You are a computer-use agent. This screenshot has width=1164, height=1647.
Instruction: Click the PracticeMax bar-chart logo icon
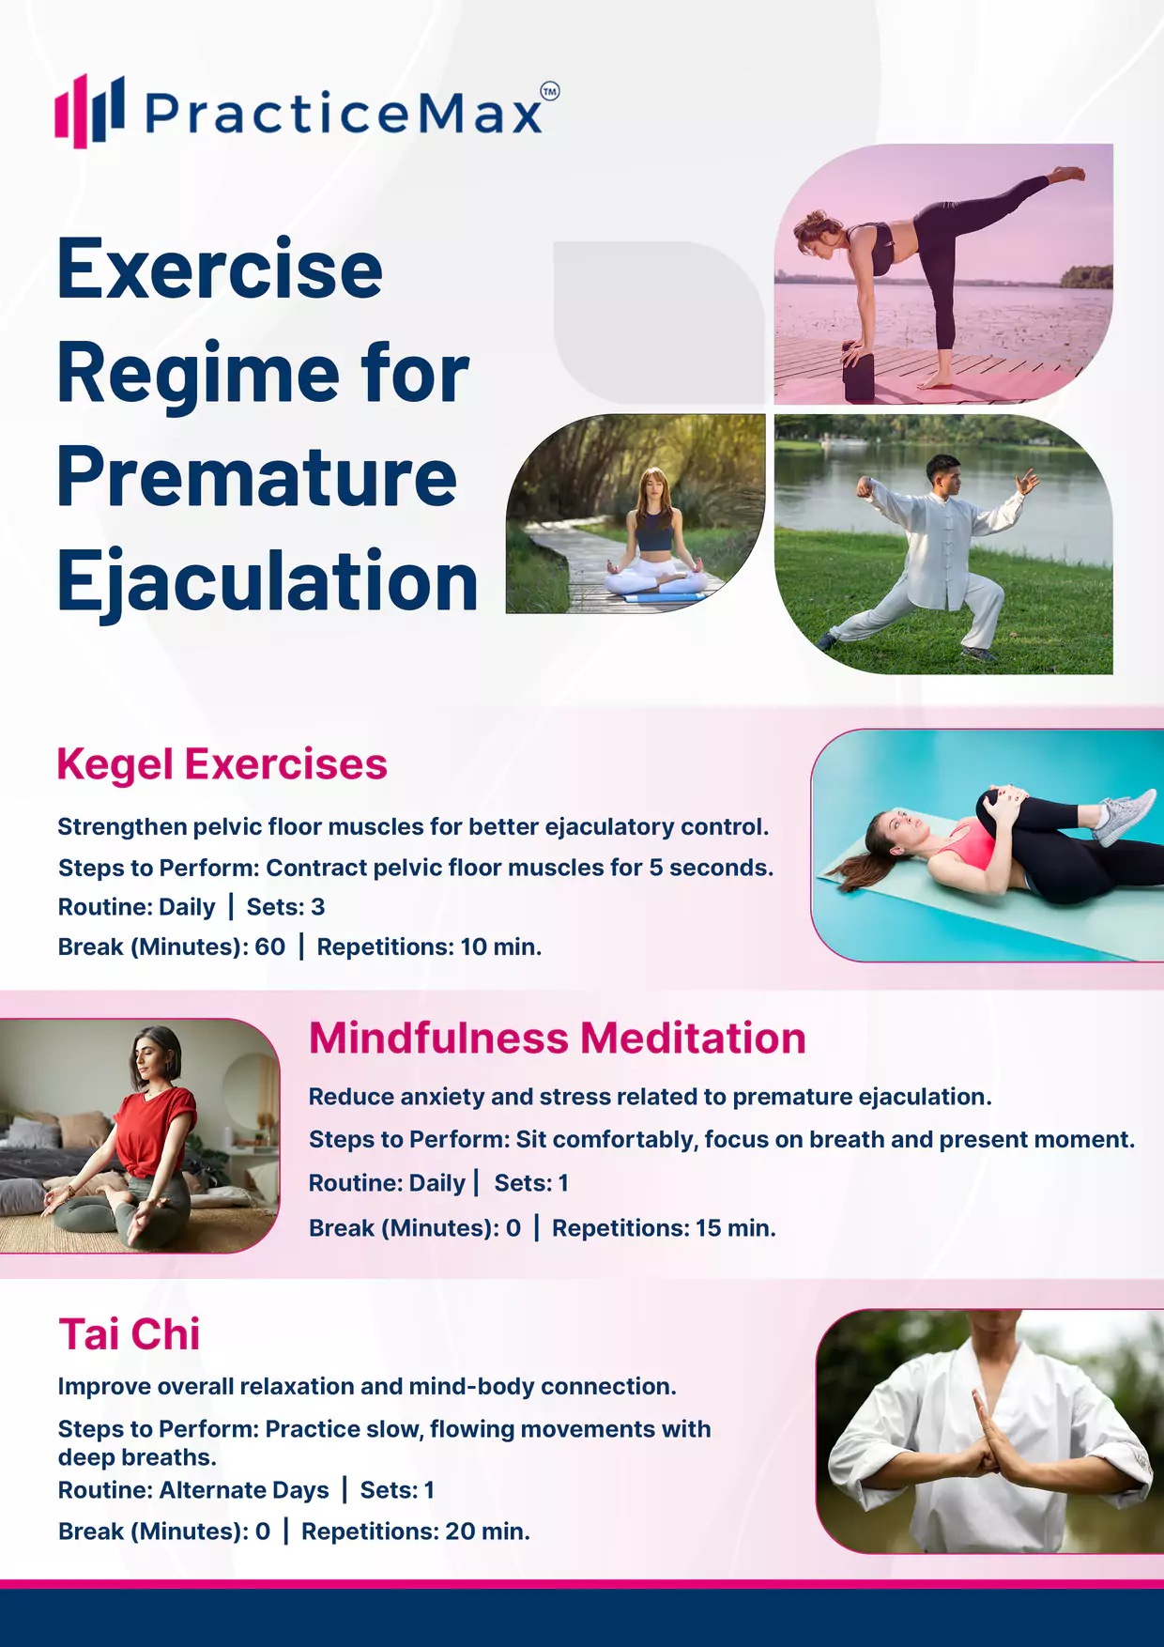coord(89,111)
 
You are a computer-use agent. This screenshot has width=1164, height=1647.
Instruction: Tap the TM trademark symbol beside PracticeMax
coord(550,91)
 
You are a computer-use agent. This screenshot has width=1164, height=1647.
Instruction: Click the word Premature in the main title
coord(257,477)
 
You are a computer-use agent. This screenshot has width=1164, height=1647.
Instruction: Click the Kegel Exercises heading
coord(222,764)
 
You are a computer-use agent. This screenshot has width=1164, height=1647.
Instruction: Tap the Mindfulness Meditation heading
coord(558,1039)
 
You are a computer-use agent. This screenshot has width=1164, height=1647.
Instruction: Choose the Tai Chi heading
coord(130,1334)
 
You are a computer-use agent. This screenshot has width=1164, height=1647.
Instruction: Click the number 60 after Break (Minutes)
coord(270,947)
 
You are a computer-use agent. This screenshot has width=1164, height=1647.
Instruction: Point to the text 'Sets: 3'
coord(285,907)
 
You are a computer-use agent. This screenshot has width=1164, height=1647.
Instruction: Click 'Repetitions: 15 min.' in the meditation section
coord(664,1228)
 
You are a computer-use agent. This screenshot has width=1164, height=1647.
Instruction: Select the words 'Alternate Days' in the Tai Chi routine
coord(244,1490)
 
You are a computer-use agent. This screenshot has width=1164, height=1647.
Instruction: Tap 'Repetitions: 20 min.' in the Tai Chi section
coord(416,1532)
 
